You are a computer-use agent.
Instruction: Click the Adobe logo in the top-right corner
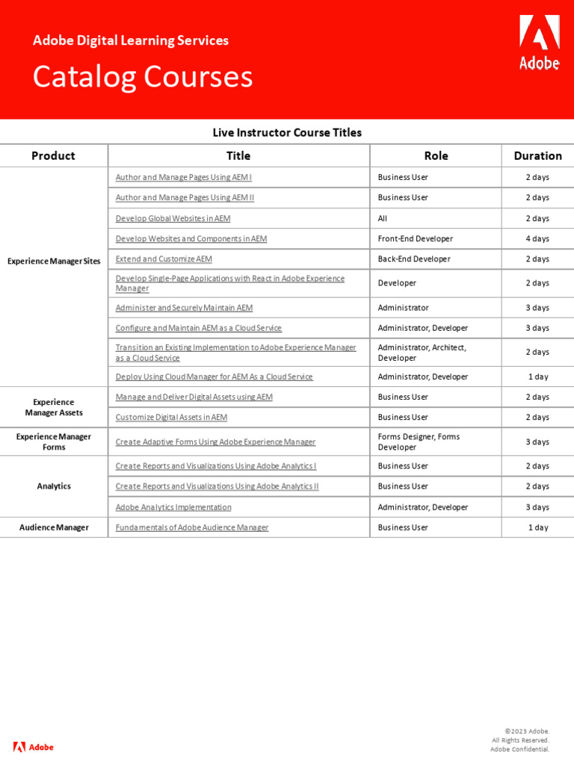(539, 43)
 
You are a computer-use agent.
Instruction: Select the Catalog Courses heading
(142, 77)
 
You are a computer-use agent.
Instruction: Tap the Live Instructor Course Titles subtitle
(287, 132)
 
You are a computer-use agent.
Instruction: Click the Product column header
(53, 155)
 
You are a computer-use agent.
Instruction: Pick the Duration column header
(537, 155)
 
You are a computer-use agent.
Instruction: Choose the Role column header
(436, 155)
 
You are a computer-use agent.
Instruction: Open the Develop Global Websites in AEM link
(173, 218)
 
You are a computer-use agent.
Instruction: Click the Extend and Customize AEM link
(164, 258)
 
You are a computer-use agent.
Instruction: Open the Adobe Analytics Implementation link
(173, 507)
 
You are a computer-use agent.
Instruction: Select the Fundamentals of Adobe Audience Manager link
(192, 527)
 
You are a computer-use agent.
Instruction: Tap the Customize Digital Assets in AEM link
(171, 417)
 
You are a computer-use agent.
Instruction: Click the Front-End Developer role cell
(416, 238)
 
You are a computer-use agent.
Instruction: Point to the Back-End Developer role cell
(414, 258)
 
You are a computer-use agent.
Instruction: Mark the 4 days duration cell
(537, 238)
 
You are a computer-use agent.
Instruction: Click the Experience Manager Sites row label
(54, 261)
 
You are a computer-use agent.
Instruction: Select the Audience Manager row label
(54, 527)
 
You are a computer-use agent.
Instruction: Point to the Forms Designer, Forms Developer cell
(419, 442)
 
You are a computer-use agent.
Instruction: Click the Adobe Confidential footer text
(519, 749)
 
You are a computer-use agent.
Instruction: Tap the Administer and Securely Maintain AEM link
(184, 307)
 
